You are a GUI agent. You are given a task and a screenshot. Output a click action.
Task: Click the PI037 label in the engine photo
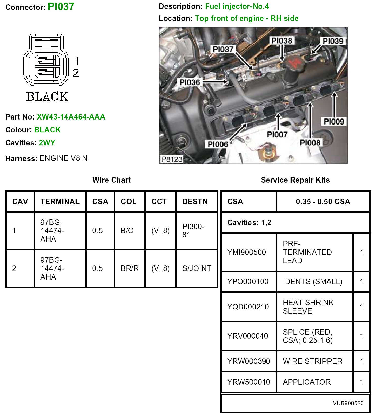(223, 49)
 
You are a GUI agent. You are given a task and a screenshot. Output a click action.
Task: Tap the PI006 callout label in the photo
(218, 144)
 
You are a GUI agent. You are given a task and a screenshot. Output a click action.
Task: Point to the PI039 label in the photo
(333, 41)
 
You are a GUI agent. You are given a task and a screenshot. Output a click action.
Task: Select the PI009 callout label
(334, 122)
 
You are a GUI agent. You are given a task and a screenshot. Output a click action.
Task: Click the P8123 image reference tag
(172, 159)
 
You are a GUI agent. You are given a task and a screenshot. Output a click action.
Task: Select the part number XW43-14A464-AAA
(71, 117)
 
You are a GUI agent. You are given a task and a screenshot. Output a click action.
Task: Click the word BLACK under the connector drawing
(47, 97)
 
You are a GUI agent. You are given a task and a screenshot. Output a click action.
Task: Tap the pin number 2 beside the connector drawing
(76, 73)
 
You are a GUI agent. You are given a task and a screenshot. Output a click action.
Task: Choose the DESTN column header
(195, 201)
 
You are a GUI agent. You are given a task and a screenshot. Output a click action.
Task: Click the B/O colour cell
(127, 231)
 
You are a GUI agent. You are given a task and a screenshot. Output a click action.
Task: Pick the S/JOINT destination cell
(197, 268)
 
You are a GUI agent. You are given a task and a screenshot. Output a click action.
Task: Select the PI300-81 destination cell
(193, 231)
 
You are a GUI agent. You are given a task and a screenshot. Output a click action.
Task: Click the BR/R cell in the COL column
(130, 268)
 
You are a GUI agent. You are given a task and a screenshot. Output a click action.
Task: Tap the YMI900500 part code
(246, 252)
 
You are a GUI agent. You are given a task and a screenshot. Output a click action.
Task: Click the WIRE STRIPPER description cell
(313, 361)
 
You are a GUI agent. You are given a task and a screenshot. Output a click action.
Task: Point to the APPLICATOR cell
(307, 382)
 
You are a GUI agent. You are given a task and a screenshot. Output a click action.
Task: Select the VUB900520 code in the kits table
(348, 403)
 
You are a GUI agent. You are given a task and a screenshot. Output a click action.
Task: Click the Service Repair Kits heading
(295, 180)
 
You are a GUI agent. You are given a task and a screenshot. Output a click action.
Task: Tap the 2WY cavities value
(47, 143)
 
